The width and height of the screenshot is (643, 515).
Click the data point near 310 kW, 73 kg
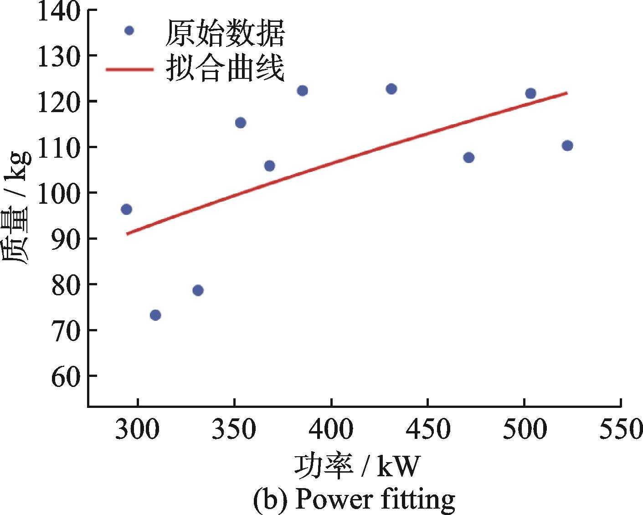pyautogui.click(x=155, y=315)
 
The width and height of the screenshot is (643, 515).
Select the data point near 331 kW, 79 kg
pyautogui.click(x=198, y=290)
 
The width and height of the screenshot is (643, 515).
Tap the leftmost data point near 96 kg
pyautogui.click(x=126, y=209)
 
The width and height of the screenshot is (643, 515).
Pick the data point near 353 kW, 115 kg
pyautogui.click(x=241, y=123)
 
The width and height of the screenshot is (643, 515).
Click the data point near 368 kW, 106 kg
pyautogui.click(x=269, y=165)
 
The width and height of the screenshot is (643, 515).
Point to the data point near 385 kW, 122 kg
pyautogui.click(x=302, y=91)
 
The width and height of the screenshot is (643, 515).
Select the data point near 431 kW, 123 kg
pyautogui.click(x=391, y=89)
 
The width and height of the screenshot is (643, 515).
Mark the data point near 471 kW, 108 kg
pyautogui.click(x=468, y=158)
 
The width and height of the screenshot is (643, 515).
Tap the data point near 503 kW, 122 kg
pyautogui.click(x=530, y=93)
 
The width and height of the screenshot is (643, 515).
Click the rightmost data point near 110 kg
pyautogui.click(x=567, y=146)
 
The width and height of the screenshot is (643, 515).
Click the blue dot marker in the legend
pyautogui.click(x=129, y=31)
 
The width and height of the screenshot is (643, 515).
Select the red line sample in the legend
pyautogui.click(x=129, y=69)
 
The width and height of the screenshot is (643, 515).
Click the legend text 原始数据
pyautogui.click(x=225, y=33)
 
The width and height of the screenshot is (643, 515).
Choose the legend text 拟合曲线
pyautogui.click(x=225, y=69)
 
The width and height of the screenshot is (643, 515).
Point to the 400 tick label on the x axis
pyautogui.click(x=331, y=429)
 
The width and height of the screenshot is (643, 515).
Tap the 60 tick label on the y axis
pyautogui.click(x=67, y=376)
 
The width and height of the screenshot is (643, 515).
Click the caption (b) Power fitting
pyautogui.click(x=354, y=500)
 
